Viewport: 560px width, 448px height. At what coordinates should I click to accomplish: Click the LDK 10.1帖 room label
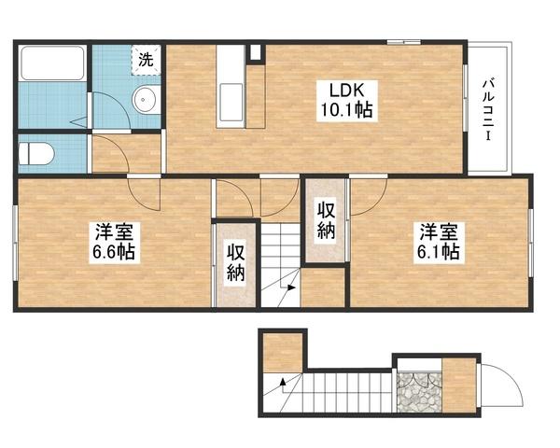(346, 101)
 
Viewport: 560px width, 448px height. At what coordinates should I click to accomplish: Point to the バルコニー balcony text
(489, 110)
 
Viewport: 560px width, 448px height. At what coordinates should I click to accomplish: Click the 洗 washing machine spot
(146, 60)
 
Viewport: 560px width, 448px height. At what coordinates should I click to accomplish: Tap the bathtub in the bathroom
(52, 63)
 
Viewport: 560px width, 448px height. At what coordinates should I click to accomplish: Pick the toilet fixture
(35, 154)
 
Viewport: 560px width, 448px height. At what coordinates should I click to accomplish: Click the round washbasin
(145, 100)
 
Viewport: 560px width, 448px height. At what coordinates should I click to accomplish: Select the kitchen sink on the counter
(231, 102)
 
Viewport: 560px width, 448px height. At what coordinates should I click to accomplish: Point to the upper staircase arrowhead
(292, 287)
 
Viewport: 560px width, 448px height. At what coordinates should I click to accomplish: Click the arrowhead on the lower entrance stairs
(283, 382)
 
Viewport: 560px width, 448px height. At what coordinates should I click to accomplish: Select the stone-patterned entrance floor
(419, 392)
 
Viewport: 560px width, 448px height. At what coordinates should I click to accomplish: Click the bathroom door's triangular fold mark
(79, 122)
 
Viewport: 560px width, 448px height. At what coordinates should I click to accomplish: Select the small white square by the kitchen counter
(255, 52)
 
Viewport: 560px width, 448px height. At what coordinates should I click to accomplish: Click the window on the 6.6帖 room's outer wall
(15, 243)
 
